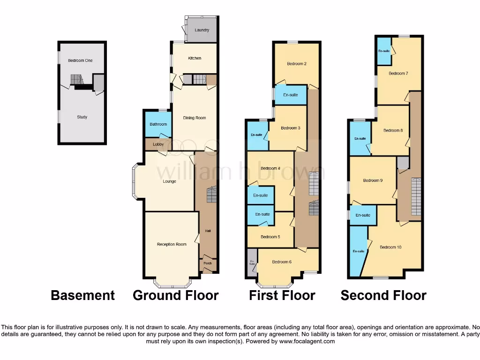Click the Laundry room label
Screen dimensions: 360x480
[202, 30]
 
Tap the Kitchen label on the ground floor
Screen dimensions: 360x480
[195, 58]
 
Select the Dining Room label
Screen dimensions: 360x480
[195, 118]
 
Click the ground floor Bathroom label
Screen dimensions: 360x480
[158, 124]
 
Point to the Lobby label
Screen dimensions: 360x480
[158, 144]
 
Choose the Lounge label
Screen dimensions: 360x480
[169, 181]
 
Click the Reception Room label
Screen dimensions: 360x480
[172, 244]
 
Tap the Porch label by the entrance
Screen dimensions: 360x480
[208, 263]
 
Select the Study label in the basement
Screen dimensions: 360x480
[82, 117]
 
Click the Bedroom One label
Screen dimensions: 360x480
[80, 60]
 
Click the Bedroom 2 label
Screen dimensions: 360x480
[297, 64]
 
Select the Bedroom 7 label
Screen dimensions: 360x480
[398, 73]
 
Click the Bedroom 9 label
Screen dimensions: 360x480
[373, 180]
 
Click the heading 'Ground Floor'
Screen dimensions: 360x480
[176, 295]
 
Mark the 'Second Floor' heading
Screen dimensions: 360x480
[383, 295]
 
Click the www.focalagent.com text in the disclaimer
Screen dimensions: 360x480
[307, 342]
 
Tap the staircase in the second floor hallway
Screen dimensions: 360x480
[416, 196]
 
